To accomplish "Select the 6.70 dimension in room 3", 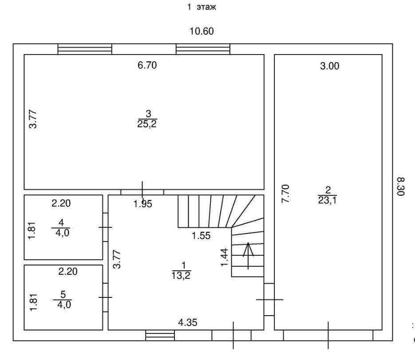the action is [147, 66].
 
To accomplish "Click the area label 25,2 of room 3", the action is [147, 124].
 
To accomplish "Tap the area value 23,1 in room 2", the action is [327, 201].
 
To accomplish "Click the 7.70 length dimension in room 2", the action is [286, 194].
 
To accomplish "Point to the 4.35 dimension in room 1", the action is [187, 322].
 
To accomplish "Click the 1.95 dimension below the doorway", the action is [143, 204].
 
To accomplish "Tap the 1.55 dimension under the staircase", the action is [201, 236].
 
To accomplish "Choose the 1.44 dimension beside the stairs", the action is [225, 257].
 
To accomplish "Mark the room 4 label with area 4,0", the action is [61, 226].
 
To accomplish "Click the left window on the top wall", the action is [85, 49].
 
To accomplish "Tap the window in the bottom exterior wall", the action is [160, 335].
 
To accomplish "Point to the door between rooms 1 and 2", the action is [269, 299].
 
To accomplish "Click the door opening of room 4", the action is [106, 227].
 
